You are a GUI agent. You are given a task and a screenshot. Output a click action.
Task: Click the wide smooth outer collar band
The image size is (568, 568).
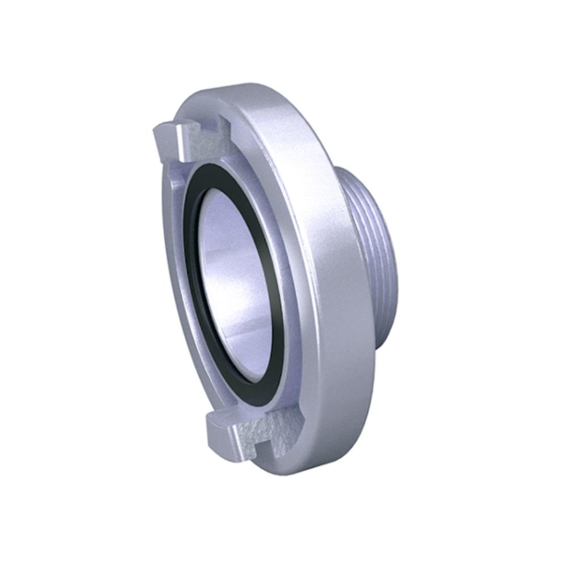[329, 284]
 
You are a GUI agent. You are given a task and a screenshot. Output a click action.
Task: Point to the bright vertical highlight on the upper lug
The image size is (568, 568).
[179, 139]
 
